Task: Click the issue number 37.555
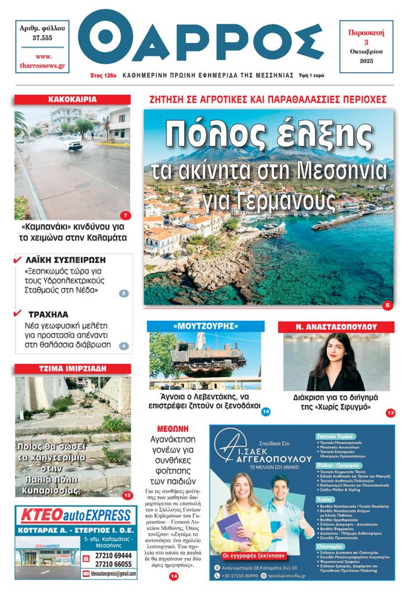click(42, 38)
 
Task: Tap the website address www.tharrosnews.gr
click(42, 61)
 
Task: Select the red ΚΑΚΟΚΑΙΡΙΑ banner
click(73, 100)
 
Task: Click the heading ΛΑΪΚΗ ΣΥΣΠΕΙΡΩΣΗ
click(66, 260)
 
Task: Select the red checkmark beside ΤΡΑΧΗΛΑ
click(17, 314)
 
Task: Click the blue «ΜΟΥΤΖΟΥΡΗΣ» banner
click(205, 327)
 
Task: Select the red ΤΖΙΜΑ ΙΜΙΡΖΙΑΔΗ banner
click(73, 369)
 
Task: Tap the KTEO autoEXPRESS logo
click(76, 515)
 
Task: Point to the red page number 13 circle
click(390, 413)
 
